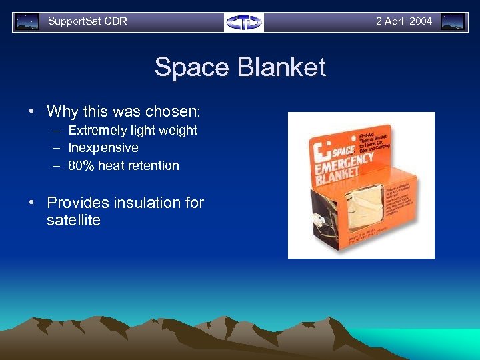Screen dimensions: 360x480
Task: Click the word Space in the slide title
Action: click(191, 68)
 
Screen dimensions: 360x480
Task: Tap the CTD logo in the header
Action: click(243, 22)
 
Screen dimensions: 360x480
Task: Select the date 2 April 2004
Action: click(404, 21)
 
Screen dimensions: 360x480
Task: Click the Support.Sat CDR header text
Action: click(87, 21)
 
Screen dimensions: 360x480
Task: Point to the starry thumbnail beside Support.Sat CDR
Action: click(27, 22)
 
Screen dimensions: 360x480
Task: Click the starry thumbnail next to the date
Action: click(453, 22)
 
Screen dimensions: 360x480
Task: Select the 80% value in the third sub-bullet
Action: click(81, 165)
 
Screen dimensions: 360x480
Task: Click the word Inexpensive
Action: click(103, 147)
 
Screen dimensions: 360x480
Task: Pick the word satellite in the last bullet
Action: click(73, 220)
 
